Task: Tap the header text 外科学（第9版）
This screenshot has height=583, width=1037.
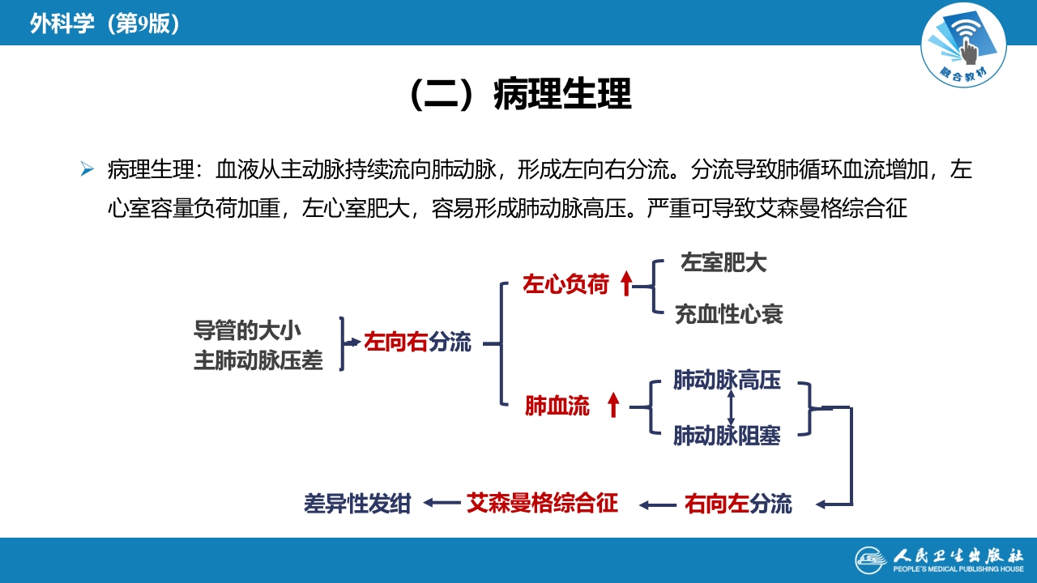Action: pyautogui.click(x=105, y=24)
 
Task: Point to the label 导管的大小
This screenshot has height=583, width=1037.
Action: pyautogui.click(x=247, y=330)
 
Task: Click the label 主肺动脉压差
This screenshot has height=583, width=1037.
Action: pyautogui.click(x=258, y=360)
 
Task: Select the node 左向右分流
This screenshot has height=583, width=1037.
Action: pyautogui.click(x=417, y=342)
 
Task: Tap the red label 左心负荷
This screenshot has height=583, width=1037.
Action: pyautogui.click(x=565, y=285)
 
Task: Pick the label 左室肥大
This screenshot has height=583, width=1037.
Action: pyautogui.click(x=723, y=262)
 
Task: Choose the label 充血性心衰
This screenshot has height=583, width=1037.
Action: pyautogui.click(x=728, y=314)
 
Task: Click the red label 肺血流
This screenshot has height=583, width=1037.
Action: pyautogui.click(x=557, y=406)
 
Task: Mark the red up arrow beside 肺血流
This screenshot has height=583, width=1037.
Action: pyautogui.click(x=613, y=404)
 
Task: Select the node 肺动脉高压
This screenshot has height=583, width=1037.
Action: pyautogui.click(x=727, y=380)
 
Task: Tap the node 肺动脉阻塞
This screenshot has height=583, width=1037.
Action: pyautogui.click(x=727, y=436)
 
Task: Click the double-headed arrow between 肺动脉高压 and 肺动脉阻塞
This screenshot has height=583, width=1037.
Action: pyautogui.click(x=732, y=407)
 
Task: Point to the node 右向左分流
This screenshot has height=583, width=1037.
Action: pyautogui.click(x=737, y=504)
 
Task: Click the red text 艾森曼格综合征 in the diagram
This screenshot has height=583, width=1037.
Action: pyautogui.click(x=542, y=504)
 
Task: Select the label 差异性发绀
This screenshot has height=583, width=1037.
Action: pyautogui.click(x=357, y=504)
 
